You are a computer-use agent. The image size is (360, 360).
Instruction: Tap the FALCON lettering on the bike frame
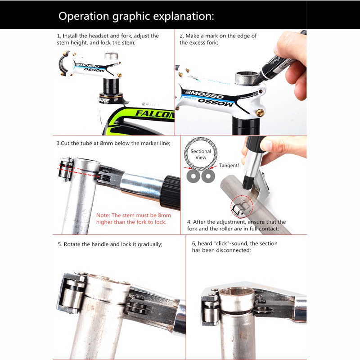tap(154, 114)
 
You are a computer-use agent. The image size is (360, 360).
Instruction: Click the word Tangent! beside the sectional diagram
tap(229, 165)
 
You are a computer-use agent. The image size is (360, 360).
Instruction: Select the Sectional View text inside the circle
tap(201, 154)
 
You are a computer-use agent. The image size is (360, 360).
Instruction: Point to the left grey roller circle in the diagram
tap(193, 176)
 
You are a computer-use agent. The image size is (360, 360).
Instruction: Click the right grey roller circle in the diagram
tap(208, 176)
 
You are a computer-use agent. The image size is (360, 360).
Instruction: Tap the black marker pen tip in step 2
tap(256, 82)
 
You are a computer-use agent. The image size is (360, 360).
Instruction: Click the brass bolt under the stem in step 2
tap(260, 113)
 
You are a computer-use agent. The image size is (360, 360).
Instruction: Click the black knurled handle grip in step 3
tap(172, 193)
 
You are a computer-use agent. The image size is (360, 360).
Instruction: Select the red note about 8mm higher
tap(133, 219)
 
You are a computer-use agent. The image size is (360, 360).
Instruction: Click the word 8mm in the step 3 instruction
tap(106, 143)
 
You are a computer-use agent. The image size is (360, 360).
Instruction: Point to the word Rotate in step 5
tap(72, 244)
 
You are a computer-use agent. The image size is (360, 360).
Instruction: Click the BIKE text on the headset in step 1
tap(104, 100)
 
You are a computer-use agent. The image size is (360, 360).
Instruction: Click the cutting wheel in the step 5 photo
tap(137, 306)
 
